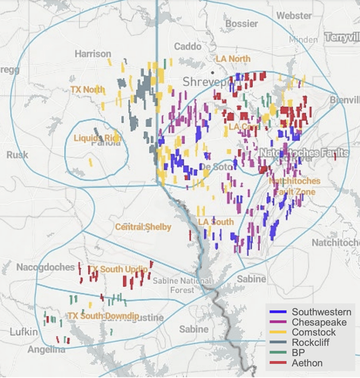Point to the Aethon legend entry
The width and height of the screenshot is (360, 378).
coord(307,363)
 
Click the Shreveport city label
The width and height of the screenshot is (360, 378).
coord(206,82)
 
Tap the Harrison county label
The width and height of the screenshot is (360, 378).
coord(93,54)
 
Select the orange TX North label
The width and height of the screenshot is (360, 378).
coord(88,89)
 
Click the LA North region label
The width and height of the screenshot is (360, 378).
coord(233,59)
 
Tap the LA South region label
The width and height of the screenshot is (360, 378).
coord(215,222)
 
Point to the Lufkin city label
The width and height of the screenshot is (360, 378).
coord(24,332)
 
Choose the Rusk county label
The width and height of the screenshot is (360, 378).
coord(17,155)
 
